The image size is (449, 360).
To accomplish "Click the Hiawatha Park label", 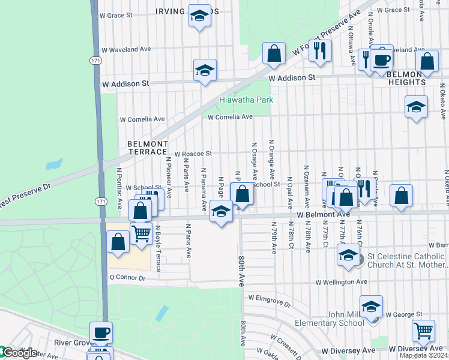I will [x=246, y=100].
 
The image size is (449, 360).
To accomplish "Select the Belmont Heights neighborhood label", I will [x=406, y=77].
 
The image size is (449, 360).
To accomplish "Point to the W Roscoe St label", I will [x=193, y=154].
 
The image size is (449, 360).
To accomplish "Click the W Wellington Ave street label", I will [x=341, y=281].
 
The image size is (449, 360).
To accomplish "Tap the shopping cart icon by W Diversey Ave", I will [x=423, y=329].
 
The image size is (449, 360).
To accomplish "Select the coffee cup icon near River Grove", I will [x=101, y=332].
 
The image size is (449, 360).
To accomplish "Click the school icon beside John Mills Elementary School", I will [x=371, y=306].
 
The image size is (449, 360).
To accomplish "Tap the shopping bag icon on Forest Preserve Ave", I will [x=274, y=53].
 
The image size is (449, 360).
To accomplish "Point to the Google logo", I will [x=18, y=353].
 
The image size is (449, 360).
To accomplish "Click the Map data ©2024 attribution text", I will [x=423, y=355].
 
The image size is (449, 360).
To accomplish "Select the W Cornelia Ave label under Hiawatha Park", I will [x=230, y=117].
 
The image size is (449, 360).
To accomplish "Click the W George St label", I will [x=404, y=314].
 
